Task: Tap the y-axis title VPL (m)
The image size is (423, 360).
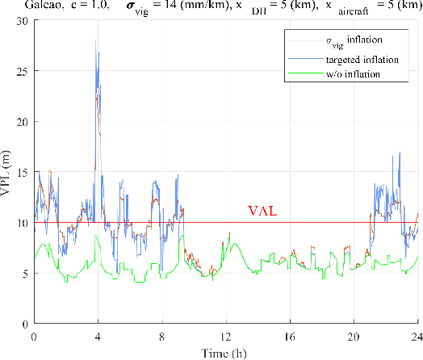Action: (8, 172)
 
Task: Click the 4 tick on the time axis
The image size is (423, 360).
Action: (98, 334)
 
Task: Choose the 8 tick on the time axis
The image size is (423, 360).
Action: (162, 334)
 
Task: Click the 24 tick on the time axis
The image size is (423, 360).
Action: (417, 334)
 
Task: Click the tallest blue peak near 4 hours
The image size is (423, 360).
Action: (96, 40)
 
